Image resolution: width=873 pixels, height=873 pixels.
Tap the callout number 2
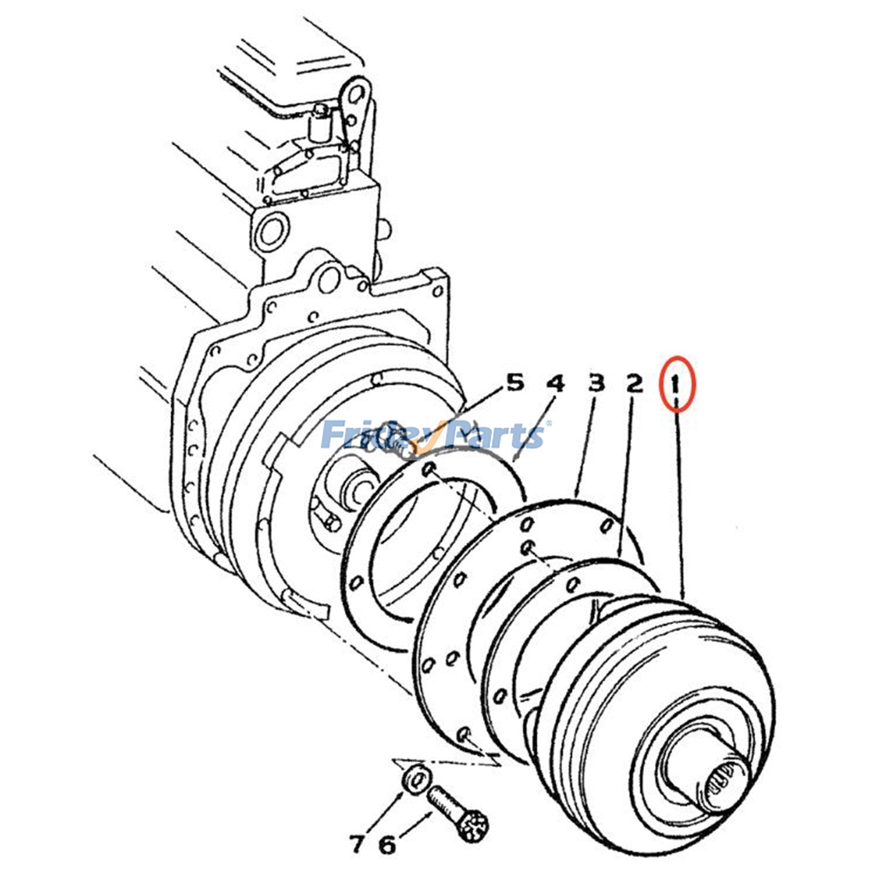[633, 384]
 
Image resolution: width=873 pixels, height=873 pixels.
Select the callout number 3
[596, 383]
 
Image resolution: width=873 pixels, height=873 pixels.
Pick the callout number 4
[555, 384]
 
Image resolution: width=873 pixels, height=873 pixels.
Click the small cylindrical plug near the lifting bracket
[319, 124]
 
